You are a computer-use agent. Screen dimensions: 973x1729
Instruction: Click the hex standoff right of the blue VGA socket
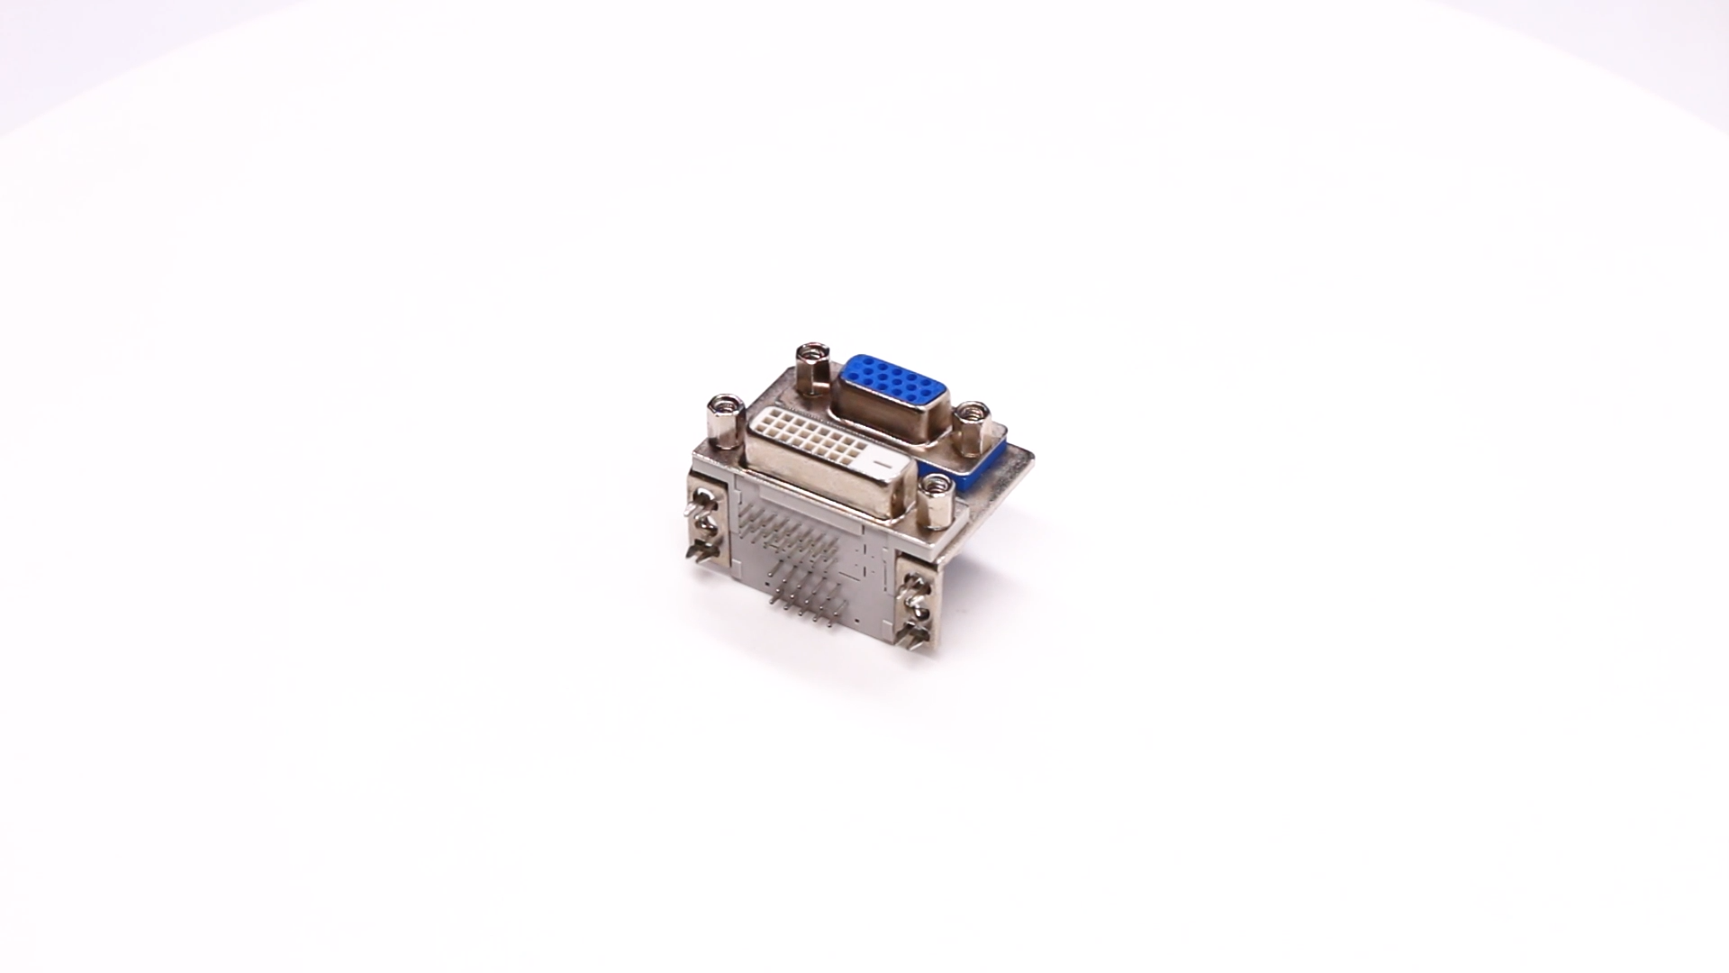pos(972,429)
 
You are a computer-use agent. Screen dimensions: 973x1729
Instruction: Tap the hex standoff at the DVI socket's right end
pos(936,503)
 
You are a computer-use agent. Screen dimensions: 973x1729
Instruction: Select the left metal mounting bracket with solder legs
pos(709,523)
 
